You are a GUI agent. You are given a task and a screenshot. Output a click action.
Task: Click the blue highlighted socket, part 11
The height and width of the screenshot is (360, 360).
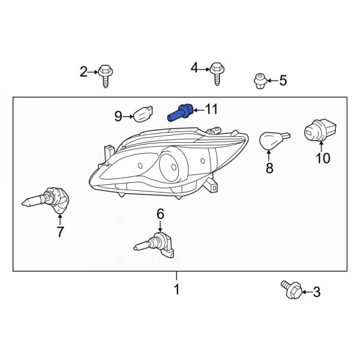(181, 113)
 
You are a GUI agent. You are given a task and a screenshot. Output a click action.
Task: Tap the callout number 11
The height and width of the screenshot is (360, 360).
(211, 109)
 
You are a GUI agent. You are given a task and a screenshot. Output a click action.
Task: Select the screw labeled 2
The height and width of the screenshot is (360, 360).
(106, 76)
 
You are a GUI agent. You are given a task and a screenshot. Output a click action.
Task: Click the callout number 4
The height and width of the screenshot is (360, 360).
(194, 68)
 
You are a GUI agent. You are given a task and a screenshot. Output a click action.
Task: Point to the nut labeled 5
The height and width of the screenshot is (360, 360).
(260, 81)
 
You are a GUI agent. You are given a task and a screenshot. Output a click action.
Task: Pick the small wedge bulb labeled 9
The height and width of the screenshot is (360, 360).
(143, 114)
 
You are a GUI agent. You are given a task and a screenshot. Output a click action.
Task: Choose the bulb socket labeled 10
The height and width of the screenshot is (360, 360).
(320, 131)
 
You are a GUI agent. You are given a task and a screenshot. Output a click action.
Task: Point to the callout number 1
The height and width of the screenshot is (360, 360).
(176, 289)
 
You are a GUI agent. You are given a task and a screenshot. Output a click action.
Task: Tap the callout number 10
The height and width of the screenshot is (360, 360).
(323, 158)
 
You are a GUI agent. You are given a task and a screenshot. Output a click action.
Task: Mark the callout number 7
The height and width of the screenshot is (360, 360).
(60, 232)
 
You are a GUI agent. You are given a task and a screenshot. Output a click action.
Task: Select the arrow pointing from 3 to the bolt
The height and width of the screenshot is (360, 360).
(307, 292)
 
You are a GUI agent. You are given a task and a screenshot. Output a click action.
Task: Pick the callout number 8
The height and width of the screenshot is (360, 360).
(269, 168)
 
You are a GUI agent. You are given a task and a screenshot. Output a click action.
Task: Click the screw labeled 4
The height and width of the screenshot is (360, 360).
(217, 74)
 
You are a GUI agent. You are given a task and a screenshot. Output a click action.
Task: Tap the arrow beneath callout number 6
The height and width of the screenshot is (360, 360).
(160, 226)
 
